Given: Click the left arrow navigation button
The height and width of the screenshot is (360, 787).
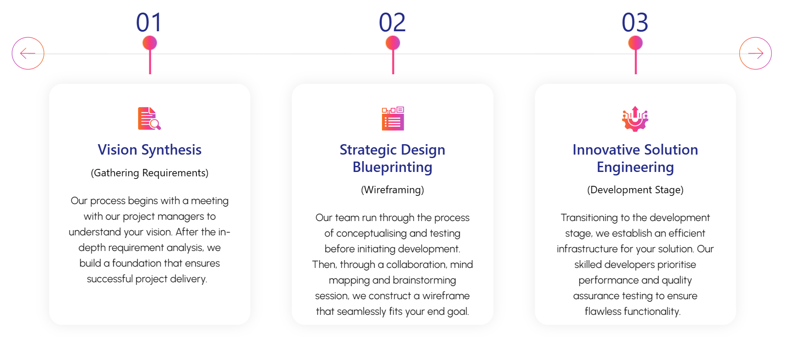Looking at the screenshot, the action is tap(28, 53).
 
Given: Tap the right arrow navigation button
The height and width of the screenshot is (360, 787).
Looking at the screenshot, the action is tap(755, 53).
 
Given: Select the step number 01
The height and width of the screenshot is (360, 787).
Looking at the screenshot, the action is tap(149, 23).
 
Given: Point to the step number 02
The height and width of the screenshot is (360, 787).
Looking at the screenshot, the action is tap(392, 23).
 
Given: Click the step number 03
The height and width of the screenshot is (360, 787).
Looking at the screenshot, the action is tap(635, 23).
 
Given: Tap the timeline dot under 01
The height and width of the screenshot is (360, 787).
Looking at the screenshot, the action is tap(150, 43).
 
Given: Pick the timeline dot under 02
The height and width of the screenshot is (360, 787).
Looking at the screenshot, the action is tap(393, 43).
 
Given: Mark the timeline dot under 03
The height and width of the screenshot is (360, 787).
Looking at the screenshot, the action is tap(636, 43).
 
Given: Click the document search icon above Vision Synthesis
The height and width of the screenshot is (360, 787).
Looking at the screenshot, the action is tap(149, 119).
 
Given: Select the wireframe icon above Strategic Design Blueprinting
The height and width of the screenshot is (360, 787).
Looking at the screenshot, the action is tap(393, 119).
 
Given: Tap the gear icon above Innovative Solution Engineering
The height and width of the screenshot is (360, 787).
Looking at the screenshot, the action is tap(635, 119).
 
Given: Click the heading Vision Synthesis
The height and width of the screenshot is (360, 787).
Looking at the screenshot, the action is tap(150, 150).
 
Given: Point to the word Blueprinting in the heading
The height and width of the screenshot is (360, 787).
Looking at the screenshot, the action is tap(392, 167).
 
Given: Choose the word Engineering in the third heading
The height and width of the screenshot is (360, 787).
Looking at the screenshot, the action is tap(636, 167).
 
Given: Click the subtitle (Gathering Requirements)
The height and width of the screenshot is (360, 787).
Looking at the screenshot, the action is tap(150, 173).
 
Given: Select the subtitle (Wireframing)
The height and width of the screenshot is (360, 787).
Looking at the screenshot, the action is tap(392, 190).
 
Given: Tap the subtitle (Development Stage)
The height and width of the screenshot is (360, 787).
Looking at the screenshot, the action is tap(636, 190).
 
